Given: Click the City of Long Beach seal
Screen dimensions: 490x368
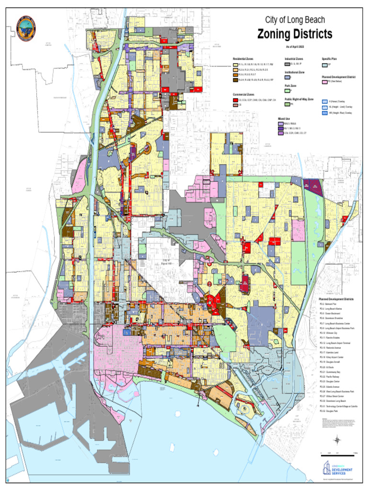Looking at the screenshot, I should click(26, 28).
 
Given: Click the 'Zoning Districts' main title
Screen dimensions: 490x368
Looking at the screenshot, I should click(295, 34).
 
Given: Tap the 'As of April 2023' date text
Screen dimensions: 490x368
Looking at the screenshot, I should click(295, 46).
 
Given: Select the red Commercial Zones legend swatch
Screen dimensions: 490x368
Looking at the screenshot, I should click(235, 100).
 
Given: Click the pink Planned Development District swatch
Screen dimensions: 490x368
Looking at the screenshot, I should click(324, 82).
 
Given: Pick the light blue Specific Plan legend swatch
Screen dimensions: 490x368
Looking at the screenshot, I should click(324, 64).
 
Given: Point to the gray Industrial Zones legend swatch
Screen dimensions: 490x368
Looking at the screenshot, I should click(287, 64).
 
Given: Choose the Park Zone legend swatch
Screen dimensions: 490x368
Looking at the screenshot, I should click(287, 90).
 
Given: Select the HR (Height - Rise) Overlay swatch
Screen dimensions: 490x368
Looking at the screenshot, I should click(324, 113).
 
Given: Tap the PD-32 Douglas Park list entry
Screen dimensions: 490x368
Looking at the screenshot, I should click(331, 411).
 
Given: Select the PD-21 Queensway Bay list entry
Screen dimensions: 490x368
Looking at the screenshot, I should click(333, 372).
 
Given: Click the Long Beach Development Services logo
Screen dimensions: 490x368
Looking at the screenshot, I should click(337, 468).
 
